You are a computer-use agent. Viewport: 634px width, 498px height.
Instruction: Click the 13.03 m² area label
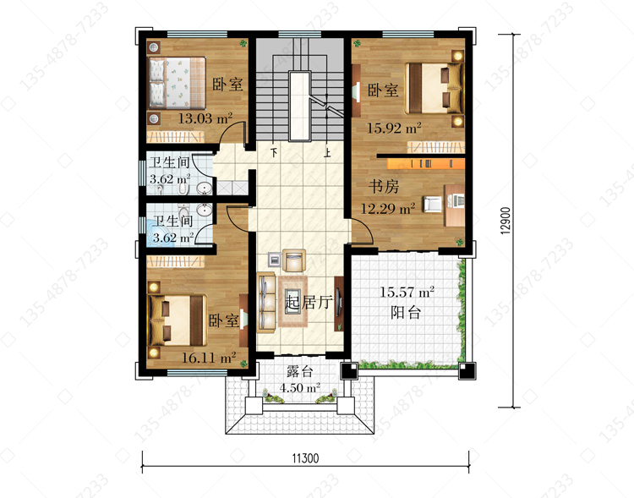tap(205, 118)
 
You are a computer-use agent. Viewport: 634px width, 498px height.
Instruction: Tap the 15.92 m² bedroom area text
tap(394, 128)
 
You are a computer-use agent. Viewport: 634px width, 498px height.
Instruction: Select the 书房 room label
tap(384, 187)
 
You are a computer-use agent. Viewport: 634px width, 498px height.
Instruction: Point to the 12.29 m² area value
tap(388, 208)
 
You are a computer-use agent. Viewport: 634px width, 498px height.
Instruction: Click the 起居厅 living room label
tap(308, 302)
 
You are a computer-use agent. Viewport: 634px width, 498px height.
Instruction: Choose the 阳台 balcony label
tap(406, 312)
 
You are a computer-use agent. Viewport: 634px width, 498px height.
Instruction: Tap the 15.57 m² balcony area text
tap(407, 292)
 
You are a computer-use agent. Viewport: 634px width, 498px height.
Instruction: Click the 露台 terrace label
tap(299, 371)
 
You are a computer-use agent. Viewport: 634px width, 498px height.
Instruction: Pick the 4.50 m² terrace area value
tap(299, 387)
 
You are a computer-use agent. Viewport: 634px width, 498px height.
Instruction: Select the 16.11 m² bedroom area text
tap(209, 358)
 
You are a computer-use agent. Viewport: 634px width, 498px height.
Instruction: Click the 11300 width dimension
tap(305, 458)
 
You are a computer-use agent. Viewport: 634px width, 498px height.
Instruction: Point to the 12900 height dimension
tap(506, 221)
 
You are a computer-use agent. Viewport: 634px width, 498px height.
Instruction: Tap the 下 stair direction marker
tap(275, 153)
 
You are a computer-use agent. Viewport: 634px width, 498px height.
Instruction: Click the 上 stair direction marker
tap(326, 153)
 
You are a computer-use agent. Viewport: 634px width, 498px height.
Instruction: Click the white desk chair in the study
tap(433, 205)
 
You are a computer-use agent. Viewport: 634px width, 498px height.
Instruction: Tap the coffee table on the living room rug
tap(292, 301)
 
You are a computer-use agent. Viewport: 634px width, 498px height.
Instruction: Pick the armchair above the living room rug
tap(294, 260)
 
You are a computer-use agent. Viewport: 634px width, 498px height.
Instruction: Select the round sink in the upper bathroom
tap(205, 188)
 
